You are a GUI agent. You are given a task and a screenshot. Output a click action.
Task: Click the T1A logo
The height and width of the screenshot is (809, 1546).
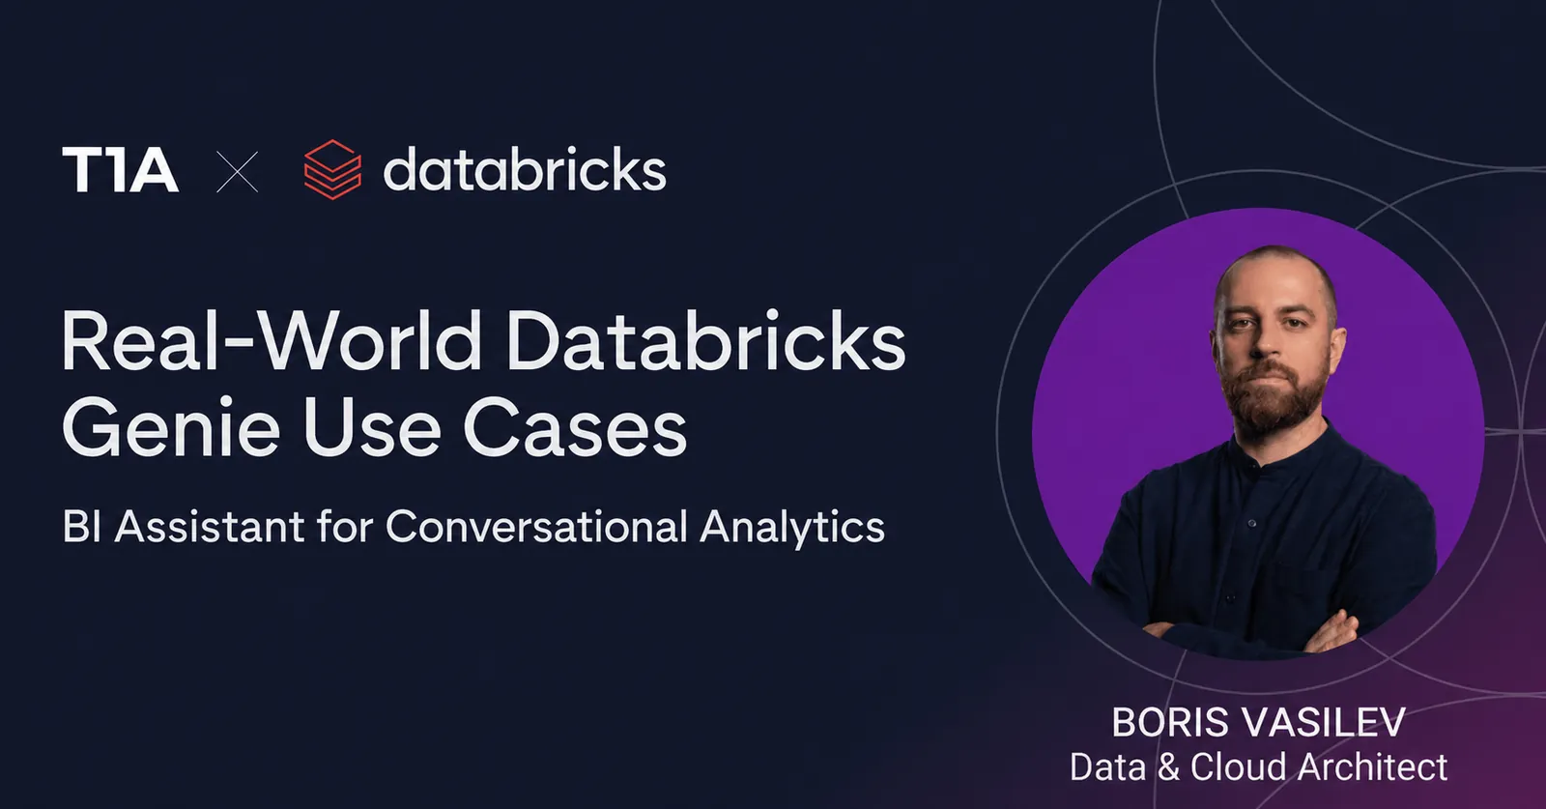click(x=121, y=169)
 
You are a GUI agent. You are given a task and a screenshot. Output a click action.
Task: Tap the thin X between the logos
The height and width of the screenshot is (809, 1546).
click(x=238, y=172)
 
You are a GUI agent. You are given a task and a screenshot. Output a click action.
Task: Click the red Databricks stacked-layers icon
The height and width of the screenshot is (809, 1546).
click(x=332, y=169)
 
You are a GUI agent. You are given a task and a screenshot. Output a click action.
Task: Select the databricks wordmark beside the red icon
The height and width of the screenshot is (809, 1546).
click(x=525, y=168)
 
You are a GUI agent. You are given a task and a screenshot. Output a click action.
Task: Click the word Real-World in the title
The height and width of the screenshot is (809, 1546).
click(x=272, y=339)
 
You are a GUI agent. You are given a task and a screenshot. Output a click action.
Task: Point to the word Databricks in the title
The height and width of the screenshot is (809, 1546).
click(x=706, y=339)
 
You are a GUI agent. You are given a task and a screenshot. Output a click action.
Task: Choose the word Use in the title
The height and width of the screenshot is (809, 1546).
click(x=371, y=428)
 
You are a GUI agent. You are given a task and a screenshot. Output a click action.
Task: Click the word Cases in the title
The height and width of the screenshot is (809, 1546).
click(x=575, y=428)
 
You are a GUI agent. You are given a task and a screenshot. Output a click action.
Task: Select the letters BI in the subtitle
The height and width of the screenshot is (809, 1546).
click(x=81, y=527)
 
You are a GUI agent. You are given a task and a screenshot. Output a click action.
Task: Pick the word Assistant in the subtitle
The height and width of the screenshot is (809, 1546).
click(x=210, y=527)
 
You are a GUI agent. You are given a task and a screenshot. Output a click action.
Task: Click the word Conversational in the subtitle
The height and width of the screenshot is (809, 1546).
click(x=536, y=527)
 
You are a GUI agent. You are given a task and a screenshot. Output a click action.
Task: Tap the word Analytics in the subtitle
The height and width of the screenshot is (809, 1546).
click(x=791, y=529)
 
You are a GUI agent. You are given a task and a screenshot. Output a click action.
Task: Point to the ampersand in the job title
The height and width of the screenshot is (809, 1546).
click(x=1168, y=766)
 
